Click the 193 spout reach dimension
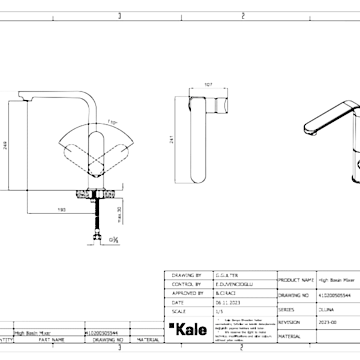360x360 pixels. pyautogui.click(x=61, y=210)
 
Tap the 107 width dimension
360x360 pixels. pyautogui.click(x=209, y=85)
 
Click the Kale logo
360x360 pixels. pyautogui.click(x=188, y=329)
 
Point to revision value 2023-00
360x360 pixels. pyautogui.click(x=326, y=322)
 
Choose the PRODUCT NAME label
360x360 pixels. pyautogui.click(x=296, y=280)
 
